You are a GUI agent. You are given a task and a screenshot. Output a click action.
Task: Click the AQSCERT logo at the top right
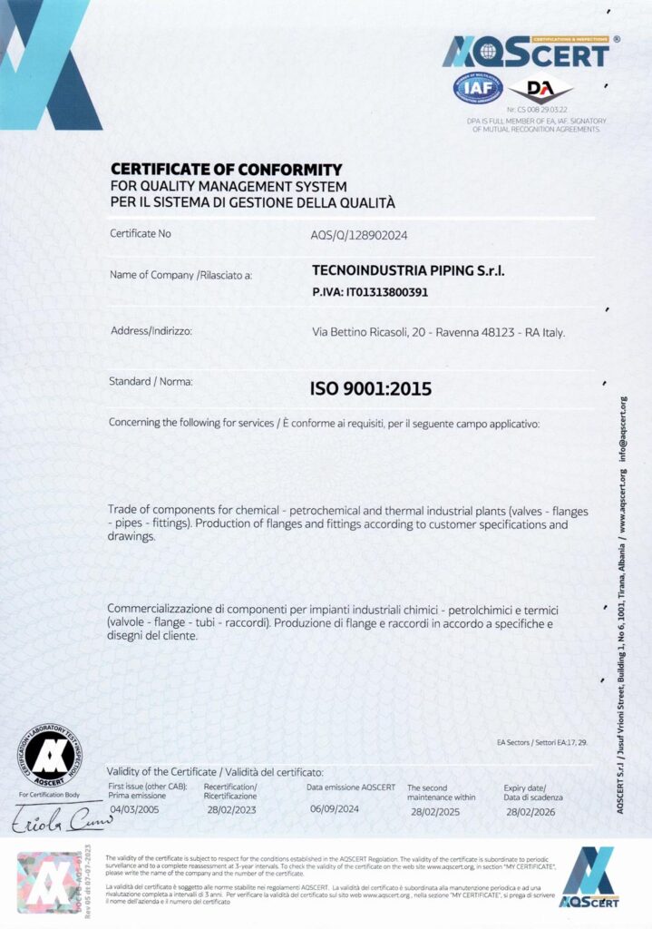[x=525, y=52]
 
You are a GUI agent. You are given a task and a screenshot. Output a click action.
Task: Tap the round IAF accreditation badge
[x=472, y=89]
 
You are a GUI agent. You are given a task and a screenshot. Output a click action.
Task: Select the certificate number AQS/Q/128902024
[x=359, y=234]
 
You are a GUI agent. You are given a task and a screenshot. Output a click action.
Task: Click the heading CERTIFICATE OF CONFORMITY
[x=226, y=169]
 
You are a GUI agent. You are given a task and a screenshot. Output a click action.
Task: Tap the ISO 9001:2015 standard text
[x=371, y=389]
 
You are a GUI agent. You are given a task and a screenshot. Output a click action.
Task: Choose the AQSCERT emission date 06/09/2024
[x=336, y=808]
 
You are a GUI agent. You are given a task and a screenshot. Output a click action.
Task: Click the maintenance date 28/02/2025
[x=435, y=810]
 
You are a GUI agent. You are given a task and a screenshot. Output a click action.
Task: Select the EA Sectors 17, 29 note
[x=542, y=742]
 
